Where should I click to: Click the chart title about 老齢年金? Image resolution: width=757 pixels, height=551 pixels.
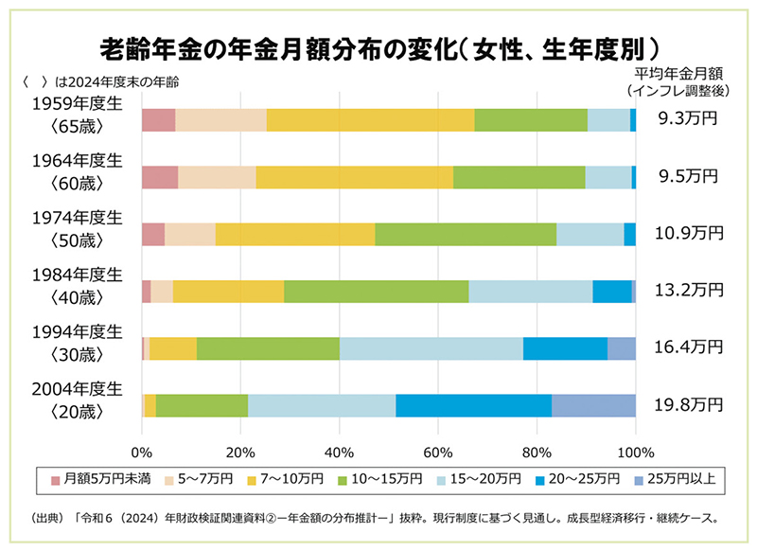(378, 47)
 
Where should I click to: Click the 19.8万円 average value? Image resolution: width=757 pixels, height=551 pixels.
(688, 405)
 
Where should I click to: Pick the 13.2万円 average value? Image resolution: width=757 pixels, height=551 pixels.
(688, 291)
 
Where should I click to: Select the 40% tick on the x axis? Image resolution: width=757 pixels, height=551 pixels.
(339, 451)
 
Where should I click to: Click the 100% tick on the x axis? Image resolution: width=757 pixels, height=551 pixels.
(636, 451)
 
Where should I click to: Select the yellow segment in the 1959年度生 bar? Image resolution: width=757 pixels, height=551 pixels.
(370, 119)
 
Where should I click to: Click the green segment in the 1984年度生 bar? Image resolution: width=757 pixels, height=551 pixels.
(377, 291)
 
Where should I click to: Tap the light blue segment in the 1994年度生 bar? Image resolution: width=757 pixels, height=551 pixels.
(431, 348)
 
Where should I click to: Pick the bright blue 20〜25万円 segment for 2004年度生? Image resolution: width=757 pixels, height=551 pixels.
(473, 405)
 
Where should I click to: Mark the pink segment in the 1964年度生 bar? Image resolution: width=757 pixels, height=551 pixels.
(160, 177)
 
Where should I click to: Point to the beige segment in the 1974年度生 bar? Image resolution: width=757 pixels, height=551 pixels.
(190, 234)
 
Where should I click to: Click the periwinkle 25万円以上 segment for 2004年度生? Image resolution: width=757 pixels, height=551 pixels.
(593, 405)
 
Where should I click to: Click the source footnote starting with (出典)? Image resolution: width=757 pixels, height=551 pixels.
(378, 518)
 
